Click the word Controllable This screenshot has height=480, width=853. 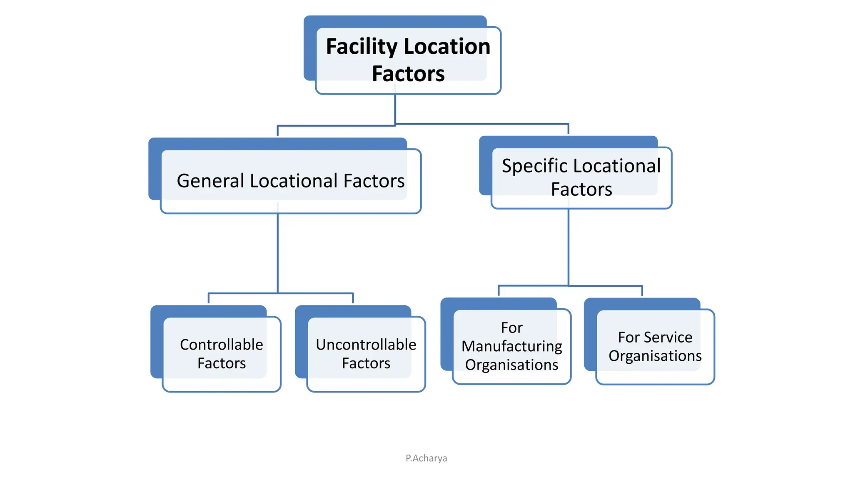pos(221,345)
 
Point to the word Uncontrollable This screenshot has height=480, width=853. pos(366,345)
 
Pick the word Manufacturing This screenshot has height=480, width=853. pos(511,346)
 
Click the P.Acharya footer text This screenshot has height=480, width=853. pos(426,458)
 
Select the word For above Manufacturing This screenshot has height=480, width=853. pos(511,328)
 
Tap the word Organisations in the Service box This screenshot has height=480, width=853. pos(655,356)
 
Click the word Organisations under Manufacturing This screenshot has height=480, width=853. pos(511,365)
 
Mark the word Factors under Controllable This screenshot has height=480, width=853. pos(221,363)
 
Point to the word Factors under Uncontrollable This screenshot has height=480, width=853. pos(366,363)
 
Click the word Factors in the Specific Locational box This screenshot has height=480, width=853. pos(581,190)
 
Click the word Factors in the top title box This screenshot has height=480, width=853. pos(408,74)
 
